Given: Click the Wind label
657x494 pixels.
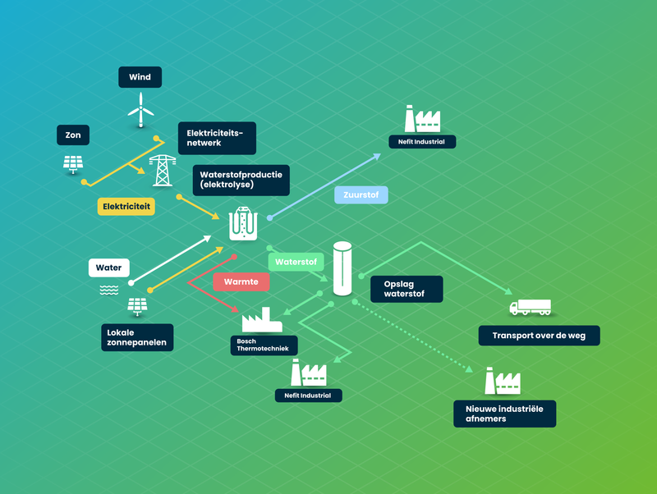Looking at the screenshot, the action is [x=140, y=77].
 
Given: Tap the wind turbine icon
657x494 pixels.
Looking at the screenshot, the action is [x=140, y=110].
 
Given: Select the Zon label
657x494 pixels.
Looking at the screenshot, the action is [x=73, y=135].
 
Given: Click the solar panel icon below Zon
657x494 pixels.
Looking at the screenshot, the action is [x=73, y=164].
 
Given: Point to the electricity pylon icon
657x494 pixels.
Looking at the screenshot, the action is [x=163, y=171].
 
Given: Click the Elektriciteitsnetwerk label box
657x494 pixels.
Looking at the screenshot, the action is [x=217, y=138].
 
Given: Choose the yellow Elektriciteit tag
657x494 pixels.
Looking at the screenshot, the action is [x=126, y=207].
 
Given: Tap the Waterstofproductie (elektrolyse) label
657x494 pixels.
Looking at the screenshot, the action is [x=241, y=180].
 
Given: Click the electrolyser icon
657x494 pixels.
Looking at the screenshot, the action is [x=243, y=223].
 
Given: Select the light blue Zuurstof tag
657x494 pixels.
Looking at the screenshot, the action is [x=361, y=195].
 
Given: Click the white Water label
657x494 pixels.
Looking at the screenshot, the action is [x=109, y=268].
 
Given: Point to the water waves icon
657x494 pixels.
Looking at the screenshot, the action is [x=109, y=290].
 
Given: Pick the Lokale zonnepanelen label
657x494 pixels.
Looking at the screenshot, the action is [x=137, y=337].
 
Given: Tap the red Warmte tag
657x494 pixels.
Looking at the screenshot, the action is [x=241, y=281].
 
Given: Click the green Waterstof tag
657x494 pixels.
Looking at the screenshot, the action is [x=296, y=262].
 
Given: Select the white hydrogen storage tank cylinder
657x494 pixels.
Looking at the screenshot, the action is [x=342, y=269].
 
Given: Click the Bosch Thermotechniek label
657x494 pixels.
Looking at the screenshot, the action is [x=264, y=345].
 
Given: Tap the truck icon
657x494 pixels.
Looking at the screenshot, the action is [x=530, y=307].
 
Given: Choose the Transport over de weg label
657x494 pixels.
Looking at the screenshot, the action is [x=540, y=336].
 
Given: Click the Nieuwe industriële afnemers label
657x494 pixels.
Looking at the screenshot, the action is [x=505, y=414].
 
